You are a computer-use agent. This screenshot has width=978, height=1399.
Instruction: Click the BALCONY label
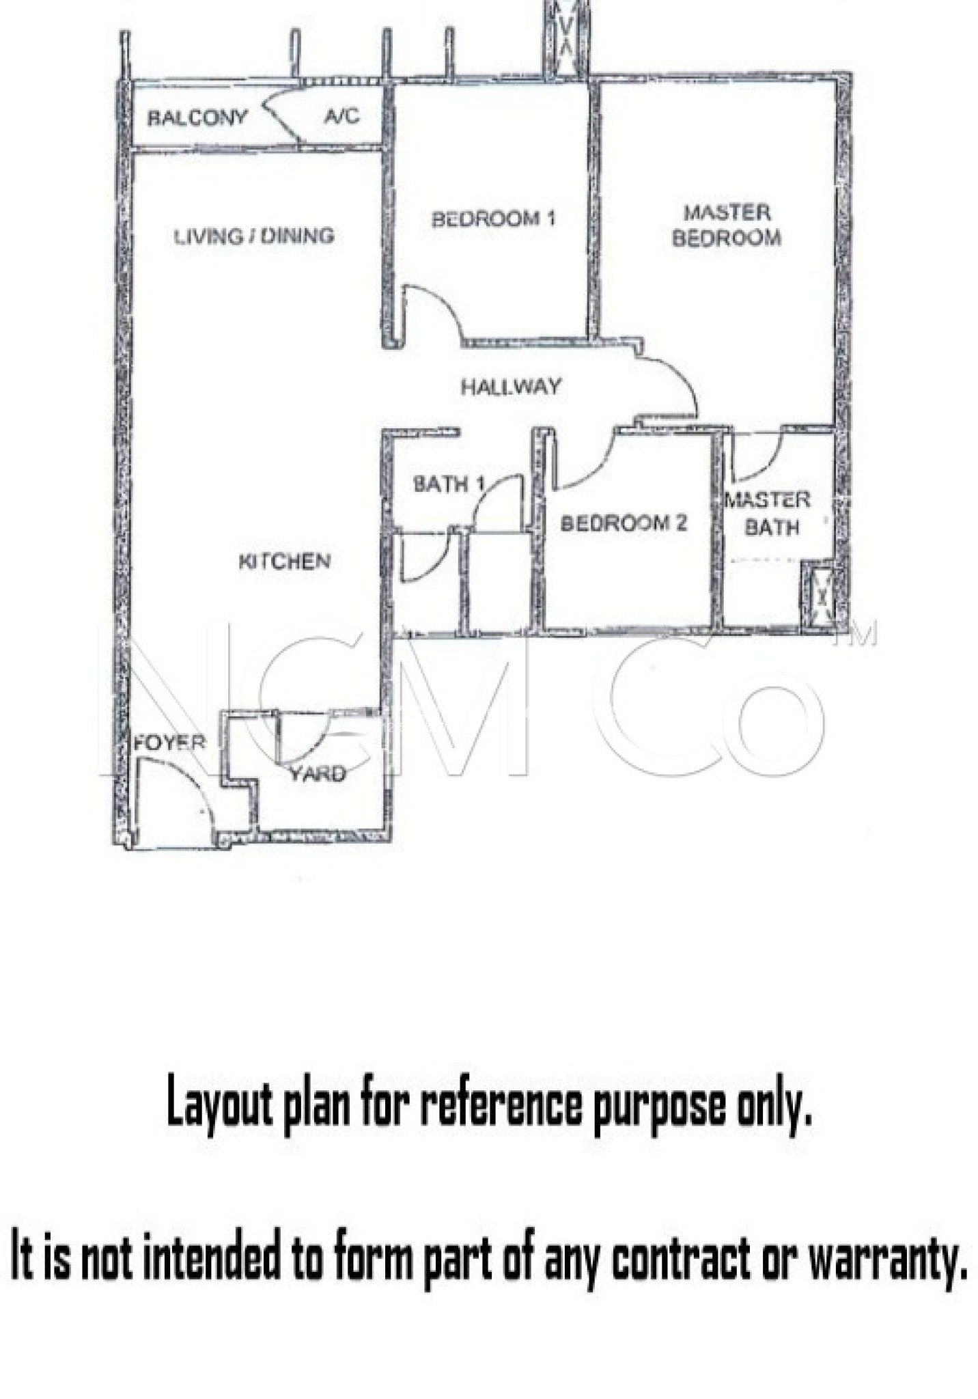(x=197, y=118)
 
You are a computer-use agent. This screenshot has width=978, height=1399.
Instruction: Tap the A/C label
(x=341, y=116)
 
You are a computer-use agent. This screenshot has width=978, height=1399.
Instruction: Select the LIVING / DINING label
(x=254, y=236)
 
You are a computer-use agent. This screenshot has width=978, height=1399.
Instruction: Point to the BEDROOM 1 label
(x=493, y=219)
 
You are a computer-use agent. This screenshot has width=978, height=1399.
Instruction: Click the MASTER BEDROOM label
(x=727, y=225)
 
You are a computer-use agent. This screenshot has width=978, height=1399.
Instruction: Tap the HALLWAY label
(x=511, y=387)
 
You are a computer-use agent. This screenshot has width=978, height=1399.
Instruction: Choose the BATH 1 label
(x=449, y=484)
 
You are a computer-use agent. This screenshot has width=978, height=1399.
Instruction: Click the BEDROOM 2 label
(x=624, y=524)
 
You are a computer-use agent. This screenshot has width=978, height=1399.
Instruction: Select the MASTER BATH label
(x=768, y=514)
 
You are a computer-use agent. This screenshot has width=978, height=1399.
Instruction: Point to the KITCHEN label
(x=285, y=562)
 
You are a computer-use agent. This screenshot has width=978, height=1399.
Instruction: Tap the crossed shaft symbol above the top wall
(x=566, y=37)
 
